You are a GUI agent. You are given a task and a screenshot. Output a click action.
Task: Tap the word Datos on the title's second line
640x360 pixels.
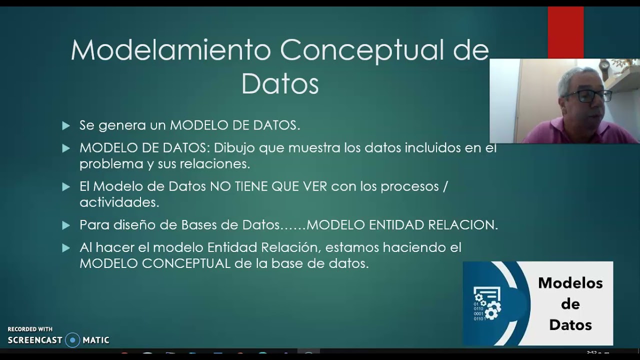click(x=280, y=84)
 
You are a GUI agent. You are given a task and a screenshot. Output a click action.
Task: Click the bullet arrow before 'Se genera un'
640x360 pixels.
click(x=66, y=125)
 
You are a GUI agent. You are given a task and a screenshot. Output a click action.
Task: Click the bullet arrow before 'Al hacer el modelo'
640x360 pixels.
click(x=66, y=247)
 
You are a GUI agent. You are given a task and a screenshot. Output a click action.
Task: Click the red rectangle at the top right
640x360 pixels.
click(x=565, y=32)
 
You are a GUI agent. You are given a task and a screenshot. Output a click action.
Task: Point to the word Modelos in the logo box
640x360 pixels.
click(x=570, y=283)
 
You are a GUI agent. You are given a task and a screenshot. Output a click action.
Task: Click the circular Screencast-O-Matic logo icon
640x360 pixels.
click(x=72, y=340)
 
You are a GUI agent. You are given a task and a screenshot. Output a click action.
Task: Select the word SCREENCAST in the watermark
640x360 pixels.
click(x=35, y=340)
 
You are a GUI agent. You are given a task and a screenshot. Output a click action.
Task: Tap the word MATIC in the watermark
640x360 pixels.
click(x=96, y=340)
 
